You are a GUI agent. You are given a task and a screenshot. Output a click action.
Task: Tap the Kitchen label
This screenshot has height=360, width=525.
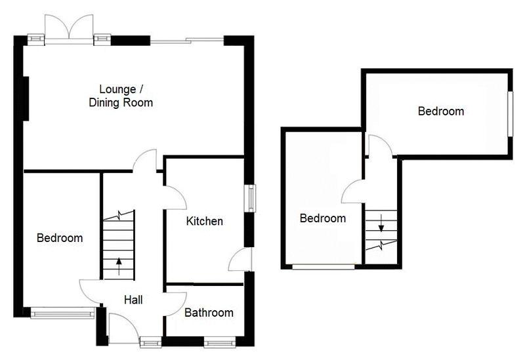click(204, 222)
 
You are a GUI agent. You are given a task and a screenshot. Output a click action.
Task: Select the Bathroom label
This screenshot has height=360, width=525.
click(209, 313)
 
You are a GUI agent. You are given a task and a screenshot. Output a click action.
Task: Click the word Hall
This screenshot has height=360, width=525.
click(133, 300)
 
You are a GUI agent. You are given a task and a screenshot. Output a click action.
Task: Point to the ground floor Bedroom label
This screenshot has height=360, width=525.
click(60, 238)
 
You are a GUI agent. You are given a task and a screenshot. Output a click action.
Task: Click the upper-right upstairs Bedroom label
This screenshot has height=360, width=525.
click(441, 111)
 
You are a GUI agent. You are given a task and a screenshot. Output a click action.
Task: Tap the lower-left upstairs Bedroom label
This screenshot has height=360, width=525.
click(322, 218)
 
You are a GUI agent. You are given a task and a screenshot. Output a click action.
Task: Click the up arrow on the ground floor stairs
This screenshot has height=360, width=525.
click(119, 266)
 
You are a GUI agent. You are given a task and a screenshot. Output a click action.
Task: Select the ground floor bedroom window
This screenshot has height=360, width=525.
click(63, 314)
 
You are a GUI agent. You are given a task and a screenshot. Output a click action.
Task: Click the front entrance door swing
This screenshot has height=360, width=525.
click(119, 325)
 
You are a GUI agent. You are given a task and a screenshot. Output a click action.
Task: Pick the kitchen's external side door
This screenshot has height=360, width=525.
click(240, 260)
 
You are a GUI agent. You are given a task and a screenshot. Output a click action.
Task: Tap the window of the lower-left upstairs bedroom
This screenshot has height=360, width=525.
click(324, 266)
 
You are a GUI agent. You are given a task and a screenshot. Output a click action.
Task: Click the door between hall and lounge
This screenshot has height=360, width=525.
click(144, 161)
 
